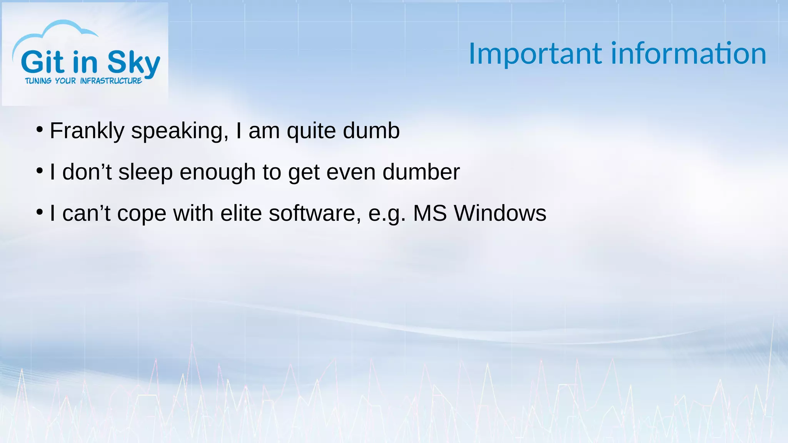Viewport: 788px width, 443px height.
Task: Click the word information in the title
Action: tap(688, 54)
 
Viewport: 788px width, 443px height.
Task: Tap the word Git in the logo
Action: tap(42, 62)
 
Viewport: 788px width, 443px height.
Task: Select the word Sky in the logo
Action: tap(133, 63)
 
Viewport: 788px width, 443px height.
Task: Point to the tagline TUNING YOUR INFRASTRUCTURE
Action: tap(83, 81)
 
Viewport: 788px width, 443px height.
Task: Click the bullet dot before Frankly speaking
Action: tap(39, 130)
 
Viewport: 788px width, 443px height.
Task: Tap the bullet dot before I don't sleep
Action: tap(39, 171)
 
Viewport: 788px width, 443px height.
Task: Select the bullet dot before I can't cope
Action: tap(39, 212)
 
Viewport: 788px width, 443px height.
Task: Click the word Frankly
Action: tap(87, 131)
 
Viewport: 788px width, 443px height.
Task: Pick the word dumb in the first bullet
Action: tap(371, 131)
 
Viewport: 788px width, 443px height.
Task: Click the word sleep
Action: tap(145, 172)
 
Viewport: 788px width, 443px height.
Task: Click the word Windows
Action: tap(500, 213)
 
